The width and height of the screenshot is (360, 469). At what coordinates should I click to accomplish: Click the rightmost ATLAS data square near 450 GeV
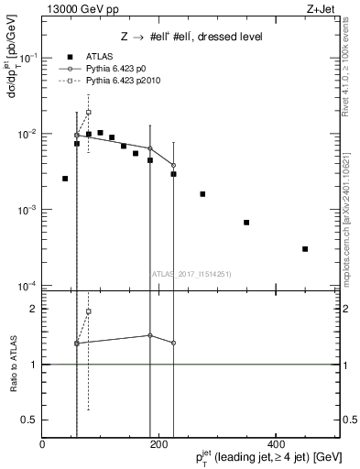305,249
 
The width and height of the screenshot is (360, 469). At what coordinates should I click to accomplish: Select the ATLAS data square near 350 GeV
246,223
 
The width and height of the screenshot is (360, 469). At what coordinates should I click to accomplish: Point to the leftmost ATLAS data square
65,179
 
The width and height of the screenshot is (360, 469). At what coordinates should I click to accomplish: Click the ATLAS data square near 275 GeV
202,194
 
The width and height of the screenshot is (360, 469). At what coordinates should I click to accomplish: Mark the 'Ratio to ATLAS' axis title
11,365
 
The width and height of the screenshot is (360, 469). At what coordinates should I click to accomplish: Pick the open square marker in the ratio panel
89,311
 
